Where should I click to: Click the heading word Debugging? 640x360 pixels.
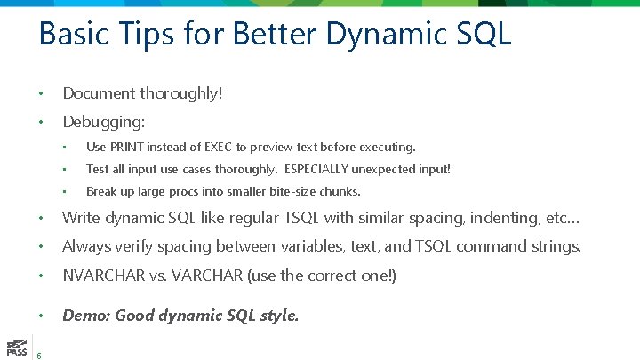click(x=104, y=121)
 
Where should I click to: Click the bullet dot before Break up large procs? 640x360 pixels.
click(x=66, y=192)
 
